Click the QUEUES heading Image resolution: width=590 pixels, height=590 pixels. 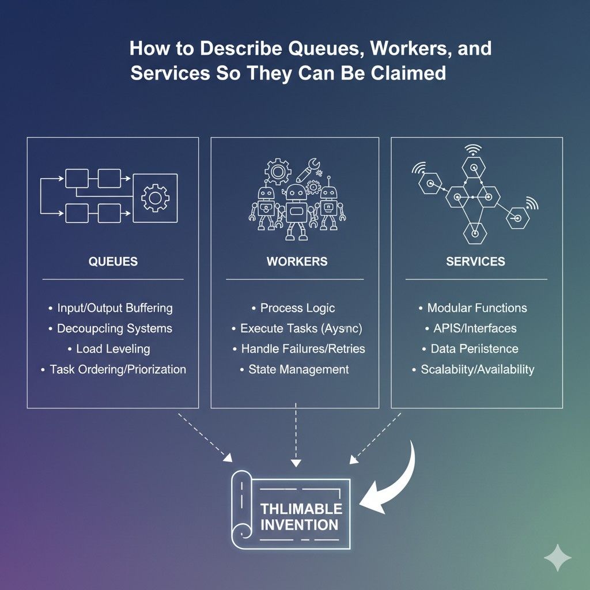coord(113,262)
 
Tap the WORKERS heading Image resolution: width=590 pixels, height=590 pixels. coord(297,262)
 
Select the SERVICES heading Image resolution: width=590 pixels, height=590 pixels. coord(475,262)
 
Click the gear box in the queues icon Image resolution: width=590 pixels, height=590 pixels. coord(155,198)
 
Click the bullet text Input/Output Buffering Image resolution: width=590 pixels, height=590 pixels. coord(115,308)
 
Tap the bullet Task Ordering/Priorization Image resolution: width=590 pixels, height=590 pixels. coord(118,369)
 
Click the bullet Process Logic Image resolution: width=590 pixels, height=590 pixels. coord(297,308)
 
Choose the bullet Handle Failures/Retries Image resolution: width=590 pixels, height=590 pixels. coord(302,349)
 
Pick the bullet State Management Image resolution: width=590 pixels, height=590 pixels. coord(298,369)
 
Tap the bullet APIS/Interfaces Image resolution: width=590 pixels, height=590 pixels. coord(475,328)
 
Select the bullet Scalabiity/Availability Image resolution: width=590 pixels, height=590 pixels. coord(477,369)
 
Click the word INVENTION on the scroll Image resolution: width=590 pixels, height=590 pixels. coord(299,525)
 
